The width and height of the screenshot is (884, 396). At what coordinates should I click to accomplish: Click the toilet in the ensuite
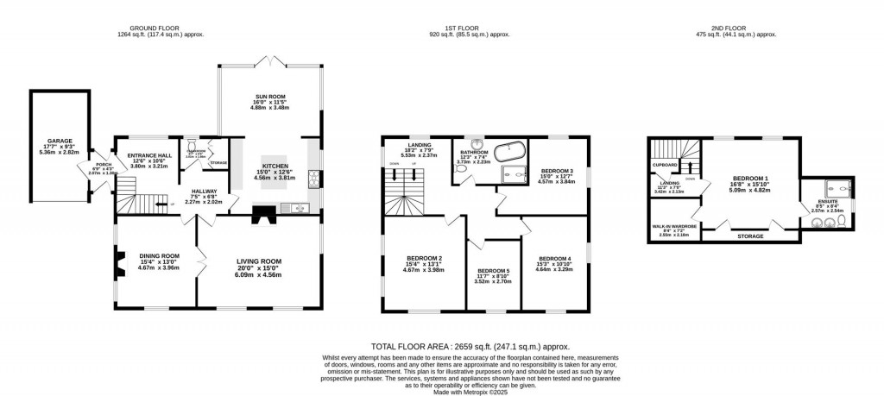pos(830,223)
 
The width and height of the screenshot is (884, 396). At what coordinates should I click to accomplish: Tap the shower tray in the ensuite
pos(833,187)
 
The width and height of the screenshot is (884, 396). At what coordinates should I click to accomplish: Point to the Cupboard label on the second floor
pos(665,164)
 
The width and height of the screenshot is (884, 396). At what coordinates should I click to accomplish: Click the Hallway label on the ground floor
pos(204,191)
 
